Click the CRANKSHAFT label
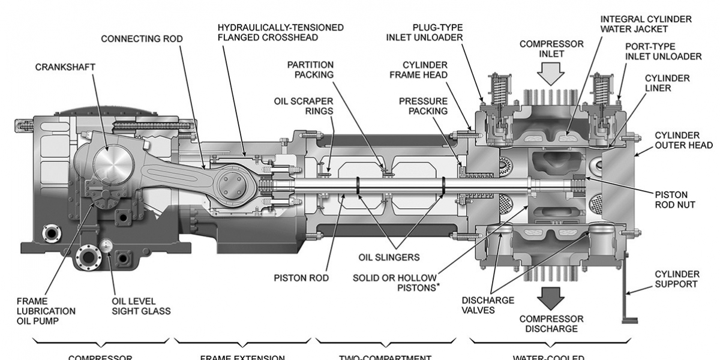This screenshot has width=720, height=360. coord(65,67)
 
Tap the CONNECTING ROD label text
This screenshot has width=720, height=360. coord(142,39)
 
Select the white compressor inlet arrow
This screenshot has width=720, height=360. coord(551,73)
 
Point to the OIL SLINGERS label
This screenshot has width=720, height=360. coord(389,257)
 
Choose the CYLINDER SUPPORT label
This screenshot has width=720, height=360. coord(677,279)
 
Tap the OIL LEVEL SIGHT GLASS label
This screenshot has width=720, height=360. coord(141,306)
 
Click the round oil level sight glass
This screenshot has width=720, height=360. coord(108,245)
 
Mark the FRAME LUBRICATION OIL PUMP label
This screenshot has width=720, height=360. coord(46,311)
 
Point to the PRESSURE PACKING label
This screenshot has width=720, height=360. coord(423,106)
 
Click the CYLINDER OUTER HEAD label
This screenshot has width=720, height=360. coord(683,140)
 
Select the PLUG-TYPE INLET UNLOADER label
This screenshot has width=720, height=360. coord(424,32)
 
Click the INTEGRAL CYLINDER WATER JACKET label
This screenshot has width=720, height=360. coord(646,24)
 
